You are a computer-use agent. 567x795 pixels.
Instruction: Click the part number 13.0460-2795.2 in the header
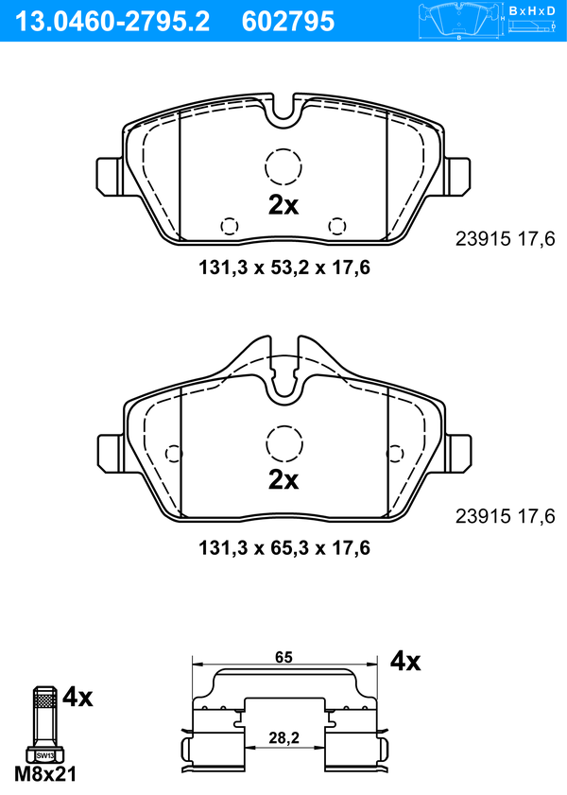click(112, 22)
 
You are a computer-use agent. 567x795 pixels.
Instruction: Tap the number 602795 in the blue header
click(288, 22)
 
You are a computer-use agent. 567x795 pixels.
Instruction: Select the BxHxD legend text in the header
click(531, 10)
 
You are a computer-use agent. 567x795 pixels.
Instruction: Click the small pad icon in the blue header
click(458, 20)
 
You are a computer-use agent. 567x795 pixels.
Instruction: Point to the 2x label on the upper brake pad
click(283, 205)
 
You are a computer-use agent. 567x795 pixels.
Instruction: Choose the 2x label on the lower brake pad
click(283, 479)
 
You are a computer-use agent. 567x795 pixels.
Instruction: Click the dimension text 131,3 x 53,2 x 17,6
click(284, 268)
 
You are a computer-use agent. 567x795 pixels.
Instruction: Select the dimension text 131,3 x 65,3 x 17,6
click(284, 547)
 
